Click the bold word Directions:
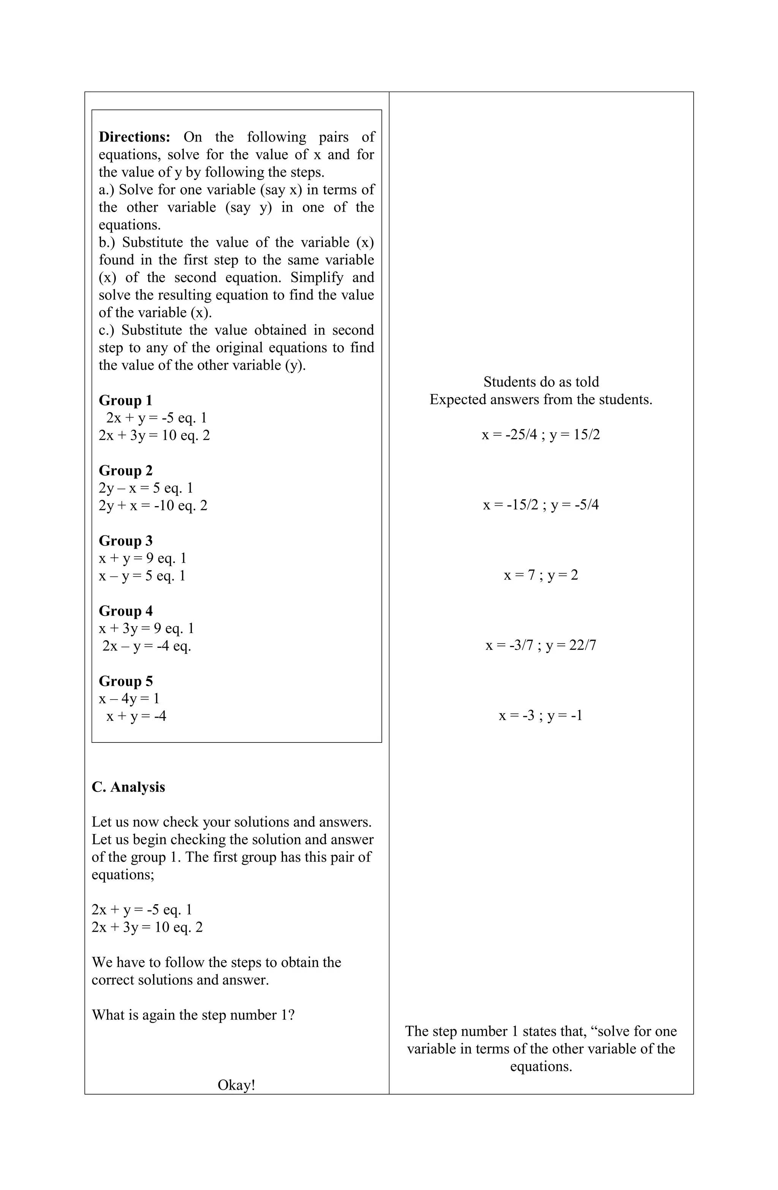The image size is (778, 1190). [x=134, y=137]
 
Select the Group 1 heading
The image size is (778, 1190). [x=125, y=400]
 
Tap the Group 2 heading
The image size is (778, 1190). [x=125, y=470]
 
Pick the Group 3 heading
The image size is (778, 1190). [x=125, y=541]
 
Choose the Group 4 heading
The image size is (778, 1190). [x=125, y=611]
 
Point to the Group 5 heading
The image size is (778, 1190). [x=125, y=681]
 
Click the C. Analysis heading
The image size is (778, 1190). [x=128, y=787]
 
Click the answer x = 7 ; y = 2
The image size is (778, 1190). [x=541, y=575]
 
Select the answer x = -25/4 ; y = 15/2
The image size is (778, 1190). [x=541, y=435]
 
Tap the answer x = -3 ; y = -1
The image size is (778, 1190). [x=541, y=715]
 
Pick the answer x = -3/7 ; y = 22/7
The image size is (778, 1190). [x=541, y=646]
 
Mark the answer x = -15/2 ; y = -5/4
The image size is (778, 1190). [x=541, y=505]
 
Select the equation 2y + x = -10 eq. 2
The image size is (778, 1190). [x=153, y=505]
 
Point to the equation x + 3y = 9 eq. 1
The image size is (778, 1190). [x=147, y=628]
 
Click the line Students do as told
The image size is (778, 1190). [x=541, y=382]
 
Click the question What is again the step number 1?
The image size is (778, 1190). [x=193, y=1015]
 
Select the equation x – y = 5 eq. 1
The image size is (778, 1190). [x=142, y=576]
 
